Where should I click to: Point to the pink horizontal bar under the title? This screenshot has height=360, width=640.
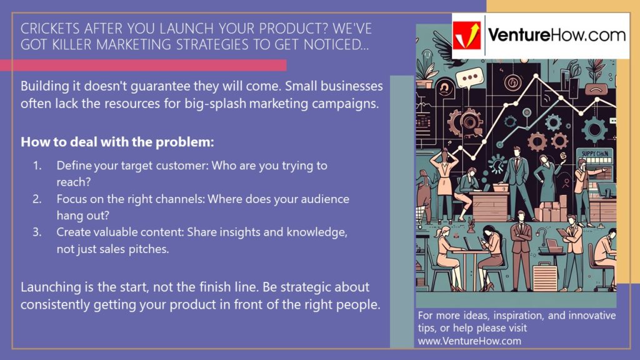coord(143,65)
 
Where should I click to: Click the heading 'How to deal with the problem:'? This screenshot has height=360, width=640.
coord(117,142)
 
